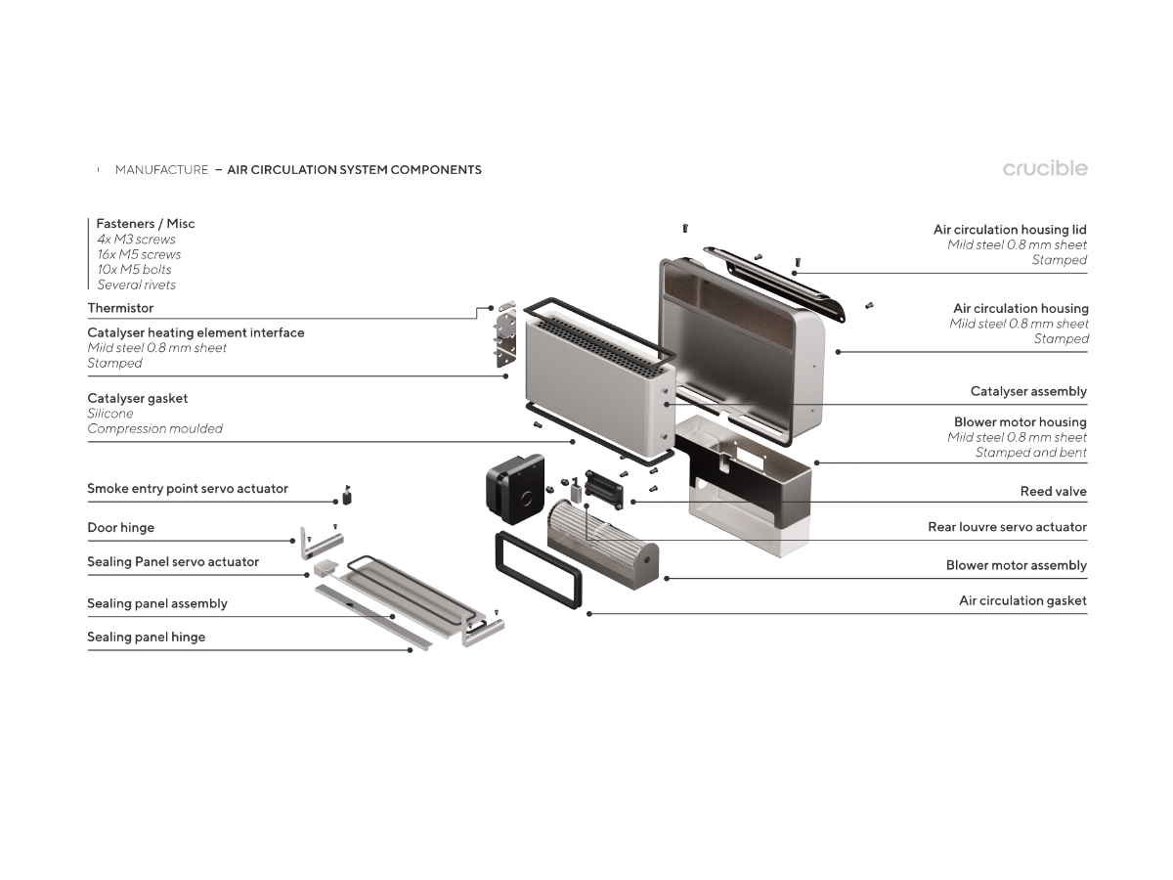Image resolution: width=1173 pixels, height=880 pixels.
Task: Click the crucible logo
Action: pyautogui.click(x=1044, y=168)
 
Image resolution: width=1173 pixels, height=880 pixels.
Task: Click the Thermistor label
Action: pyautogui.click(x=120, y=308)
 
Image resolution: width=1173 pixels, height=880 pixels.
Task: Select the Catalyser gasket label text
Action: pyautogui.click(x=137, y=398)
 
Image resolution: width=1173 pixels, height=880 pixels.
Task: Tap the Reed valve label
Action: pyautogui.click(x=1053, y=491)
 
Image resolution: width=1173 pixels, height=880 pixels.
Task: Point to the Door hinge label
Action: pyautogui.click(x=120, y=527)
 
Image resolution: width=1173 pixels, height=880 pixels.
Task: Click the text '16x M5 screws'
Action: pyautogui.click(x=139, y=254)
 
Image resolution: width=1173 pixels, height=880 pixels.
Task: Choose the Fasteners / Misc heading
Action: pyautogui.click(x=145, y=224)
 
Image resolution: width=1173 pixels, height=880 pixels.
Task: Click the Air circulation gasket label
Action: pyautogui.click(x=1021, y=600)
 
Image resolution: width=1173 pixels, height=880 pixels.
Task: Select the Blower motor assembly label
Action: pyautogui.click(x=1016, y=565)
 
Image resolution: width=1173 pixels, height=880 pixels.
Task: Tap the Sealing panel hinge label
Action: pyautogui.click(x=146, y=637)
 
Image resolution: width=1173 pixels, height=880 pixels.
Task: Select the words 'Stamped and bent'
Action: pyautogui.click(x=1030, y=453)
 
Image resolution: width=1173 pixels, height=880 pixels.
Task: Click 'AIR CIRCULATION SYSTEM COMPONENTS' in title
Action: pyautogui.click(x=354, y=170)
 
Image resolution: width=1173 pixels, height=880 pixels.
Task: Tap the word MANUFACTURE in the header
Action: pyautogui.click(x=161, y=170)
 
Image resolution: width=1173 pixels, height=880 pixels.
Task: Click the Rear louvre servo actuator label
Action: pyautogui.click(x=1007, y=526)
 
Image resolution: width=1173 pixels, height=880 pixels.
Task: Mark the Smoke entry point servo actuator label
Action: pyautogui.click(x=187, y=488)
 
